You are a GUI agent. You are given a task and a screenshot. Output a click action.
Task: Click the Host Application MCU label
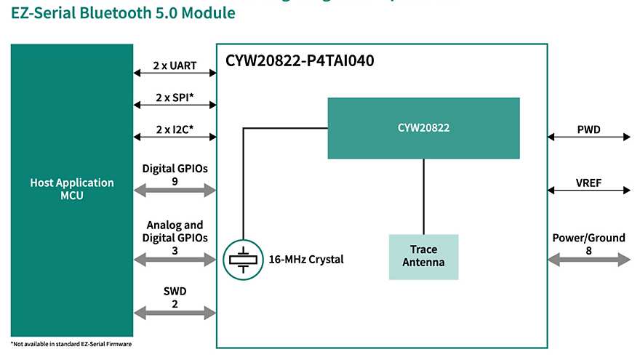pos(71,189)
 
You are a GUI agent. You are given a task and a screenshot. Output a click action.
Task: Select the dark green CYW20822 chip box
pos(423,128)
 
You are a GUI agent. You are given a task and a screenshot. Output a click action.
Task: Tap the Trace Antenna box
pos(423,256)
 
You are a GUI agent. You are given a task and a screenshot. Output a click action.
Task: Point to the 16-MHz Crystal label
pos(306,260)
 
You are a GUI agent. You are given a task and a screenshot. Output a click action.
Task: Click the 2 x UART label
pos(175,65)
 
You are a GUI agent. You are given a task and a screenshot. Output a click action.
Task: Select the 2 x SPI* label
pos(175,97)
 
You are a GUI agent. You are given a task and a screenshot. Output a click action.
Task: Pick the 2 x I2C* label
pos(175,130)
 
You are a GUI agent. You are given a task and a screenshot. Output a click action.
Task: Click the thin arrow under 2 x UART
pos(175,73)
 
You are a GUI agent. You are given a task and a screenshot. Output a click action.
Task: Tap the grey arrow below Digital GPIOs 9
pos(175,191)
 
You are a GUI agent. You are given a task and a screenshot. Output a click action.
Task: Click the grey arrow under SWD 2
pos(175,313)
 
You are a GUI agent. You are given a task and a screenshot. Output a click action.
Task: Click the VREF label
pos(588,183)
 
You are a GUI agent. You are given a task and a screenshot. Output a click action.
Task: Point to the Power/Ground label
pos(588,238)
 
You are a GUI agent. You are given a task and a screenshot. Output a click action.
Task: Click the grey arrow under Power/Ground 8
pos(589,259)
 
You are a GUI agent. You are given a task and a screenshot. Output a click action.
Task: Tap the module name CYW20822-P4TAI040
pos(301,61)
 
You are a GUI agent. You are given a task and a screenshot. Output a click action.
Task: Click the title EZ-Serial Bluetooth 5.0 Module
pos(123,13)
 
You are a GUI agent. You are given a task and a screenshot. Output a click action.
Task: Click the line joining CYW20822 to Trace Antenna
pos(424,196)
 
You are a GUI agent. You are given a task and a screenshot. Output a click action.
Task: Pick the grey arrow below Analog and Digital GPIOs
pos(175,260)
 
